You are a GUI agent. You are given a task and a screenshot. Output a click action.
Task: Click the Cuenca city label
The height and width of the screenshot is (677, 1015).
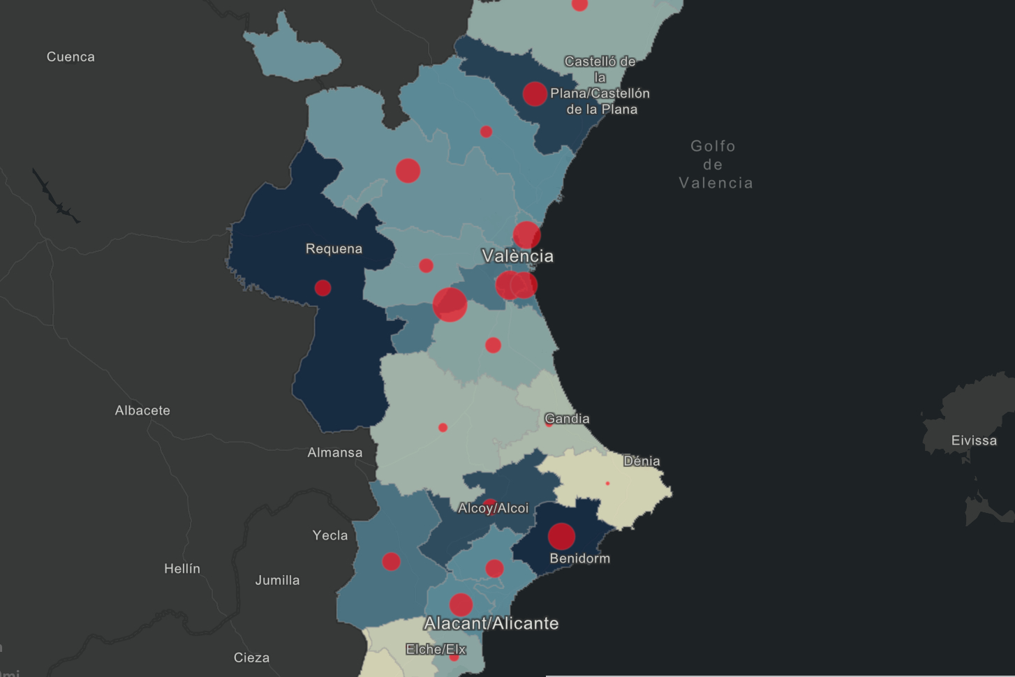point(71,57)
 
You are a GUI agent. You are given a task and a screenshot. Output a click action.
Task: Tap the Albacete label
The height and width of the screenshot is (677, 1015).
point(142,410)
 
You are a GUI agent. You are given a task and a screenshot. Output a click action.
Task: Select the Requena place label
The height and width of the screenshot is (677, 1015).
point(334,249)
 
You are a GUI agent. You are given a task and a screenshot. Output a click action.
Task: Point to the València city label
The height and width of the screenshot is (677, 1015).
point(517,256)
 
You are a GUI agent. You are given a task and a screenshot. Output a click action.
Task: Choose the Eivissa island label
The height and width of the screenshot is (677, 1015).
point(973,440)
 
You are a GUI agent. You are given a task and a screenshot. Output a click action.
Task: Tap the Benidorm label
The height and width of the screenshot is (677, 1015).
point(579,558)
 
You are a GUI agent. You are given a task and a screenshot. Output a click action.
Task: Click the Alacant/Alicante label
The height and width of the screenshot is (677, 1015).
point(491,623)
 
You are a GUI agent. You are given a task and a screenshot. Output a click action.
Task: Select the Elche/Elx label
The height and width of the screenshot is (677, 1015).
point(436,649)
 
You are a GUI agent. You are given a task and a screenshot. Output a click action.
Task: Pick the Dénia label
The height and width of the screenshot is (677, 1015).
point(642,461)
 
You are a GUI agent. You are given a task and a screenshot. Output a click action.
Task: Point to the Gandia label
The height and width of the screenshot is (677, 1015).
point(567,419)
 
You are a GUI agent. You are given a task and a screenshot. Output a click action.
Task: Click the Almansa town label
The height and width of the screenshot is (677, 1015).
point(334,453)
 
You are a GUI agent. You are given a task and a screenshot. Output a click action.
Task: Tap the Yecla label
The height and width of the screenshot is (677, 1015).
point(330,535)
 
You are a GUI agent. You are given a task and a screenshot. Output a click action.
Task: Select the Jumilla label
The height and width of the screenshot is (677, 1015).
point(277,580)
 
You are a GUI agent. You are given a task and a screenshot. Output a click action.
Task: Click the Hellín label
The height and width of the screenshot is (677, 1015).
point(182,569)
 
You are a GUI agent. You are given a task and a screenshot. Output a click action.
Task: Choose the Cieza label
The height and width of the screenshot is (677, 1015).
point(251,657)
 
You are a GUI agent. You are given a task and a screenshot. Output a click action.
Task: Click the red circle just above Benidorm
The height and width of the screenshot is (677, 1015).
point(561,536)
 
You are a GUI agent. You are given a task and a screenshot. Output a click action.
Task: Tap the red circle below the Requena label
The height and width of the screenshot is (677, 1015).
point(323,288)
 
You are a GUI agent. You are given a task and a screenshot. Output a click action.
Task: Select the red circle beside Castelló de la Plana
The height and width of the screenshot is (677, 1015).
point(535,94)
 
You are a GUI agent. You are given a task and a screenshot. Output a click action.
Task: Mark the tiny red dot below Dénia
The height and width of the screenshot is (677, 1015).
point(607,483)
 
